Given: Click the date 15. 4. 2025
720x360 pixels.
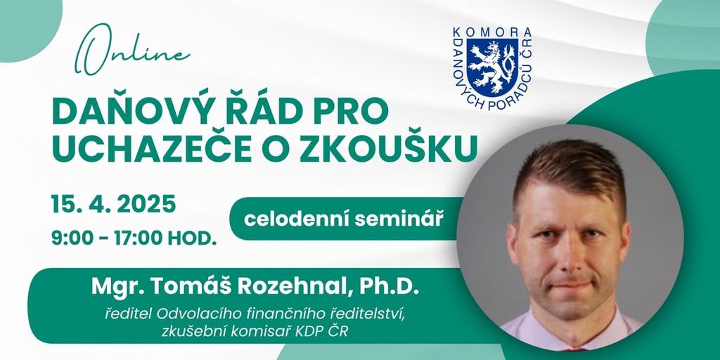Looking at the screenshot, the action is (x=114, y=204).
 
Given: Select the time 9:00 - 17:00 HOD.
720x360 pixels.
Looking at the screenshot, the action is (x=134, y=239).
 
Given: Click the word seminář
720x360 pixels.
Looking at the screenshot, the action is (x=399, y=219).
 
